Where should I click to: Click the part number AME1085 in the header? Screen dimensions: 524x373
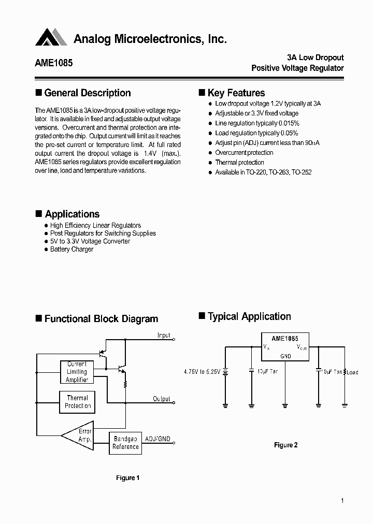54,63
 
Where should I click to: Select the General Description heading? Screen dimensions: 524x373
87,93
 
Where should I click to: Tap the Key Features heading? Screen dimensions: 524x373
236,93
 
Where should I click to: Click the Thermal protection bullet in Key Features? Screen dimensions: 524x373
239,163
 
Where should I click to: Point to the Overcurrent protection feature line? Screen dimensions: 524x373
244,153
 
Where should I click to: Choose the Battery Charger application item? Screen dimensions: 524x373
71,250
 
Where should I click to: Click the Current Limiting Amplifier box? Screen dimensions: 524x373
77,372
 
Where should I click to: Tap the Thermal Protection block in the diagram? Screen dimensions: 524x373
77,402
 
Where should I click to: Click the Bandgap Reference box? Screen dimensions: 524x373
125,443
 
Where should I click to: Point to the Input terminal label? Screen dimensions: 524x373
164,336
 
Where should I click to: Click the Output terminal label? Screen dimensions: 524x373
162,399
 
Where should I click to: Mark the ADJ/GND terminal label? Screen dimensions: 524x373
157,438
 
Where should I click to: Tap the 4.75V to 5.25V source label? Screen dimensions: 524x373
202,372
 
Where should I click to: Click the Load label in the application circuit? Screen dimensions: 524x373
352,372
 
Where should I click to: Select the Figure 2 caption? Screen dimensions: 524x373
285,445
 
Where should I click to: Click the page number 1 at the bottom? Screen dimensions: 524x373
342,501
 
